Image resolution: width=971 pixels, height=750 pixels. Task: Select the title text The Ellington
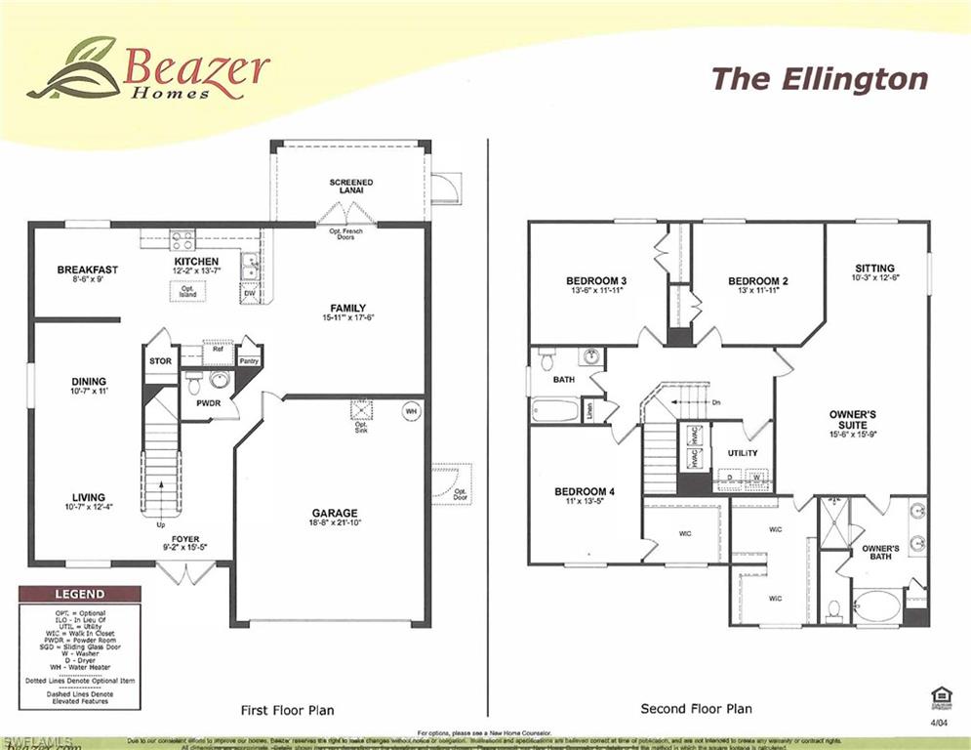819,79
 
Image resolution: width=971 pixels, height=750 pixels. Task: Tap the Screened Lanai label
350,187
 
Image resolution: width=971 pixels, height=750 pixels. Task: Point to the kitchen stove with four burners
182,239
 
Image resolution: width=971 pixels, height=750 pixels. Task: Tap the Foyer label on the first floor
185,539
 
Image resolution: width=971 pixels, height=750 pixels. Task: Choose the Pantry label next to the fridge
249,360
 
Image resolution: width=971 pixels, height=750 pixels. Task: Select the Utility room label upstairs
743,453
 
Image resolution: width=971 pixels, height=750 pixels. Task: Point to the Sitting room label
874,269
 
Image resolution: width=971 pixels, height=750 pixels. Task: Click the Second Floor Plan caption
696,709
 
